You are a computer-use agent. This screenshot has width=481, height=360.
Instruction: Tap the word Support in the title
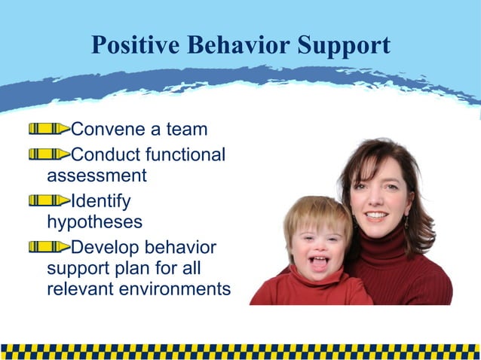point(342,47)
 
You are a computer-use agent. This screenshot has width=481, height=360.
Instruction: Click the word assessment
point(97,176)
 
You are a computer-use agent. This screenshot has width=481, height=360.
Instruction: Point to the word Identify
point(100,201)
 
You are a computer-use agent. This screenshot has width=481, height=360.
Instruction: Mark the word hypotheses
point(94,223)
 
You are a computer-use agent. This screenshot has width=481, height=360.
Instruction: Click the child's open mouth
point(320,262)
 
